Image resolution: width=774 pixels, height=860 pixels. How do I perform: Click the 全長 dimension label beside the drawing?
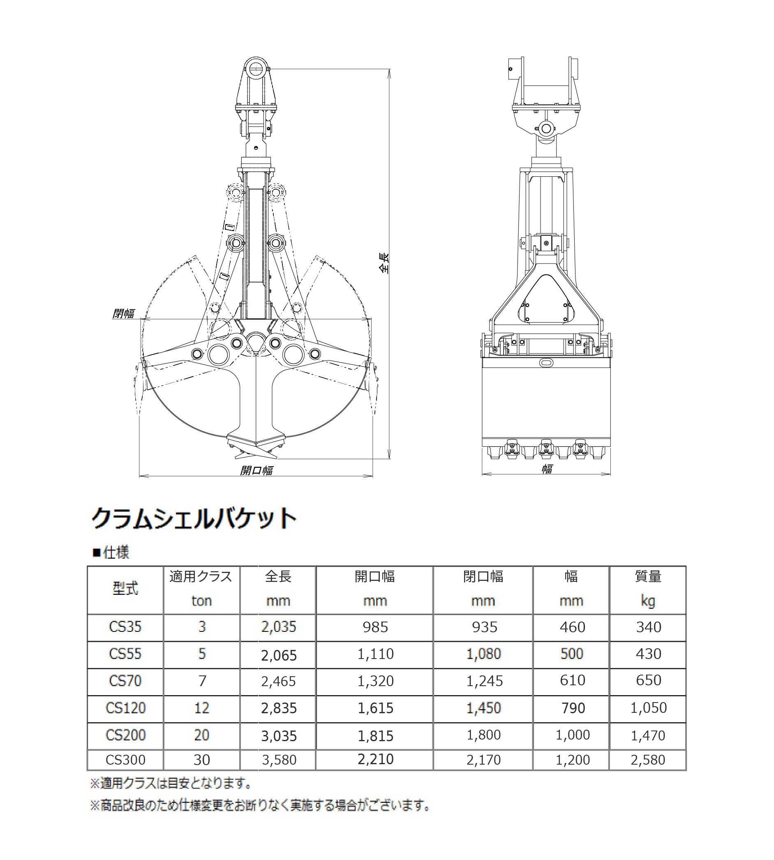click(x=384, y=262)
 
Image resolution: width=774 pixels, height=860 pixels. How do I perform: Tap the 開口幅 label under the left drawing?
click(x=256, y=470)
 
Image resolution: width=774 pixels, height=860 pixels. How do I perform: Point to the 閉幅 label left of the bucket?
click(x=123, y=314)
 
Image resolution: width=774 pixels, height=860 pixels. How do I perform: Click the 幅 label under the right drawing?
click(x=547, y=469)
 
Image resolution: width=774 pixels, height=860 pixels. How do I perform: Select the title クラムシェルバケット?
click(x=194, y=518)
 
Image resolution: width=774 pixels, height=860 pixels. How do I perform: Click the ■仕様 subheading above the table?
click(x=111, y=553)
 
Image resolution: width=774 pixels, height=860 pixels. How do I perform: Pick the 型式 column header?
click(x=125, y=589)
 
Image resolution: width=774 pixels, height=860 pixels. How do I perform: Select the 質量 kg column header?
click(x=648, y=589)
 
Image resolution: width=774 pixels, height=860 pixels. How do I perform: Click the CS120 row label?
click(x=125, y=708)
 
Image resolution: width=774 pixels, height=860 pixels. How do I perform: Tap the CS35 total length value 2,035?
click(x=279, y=627)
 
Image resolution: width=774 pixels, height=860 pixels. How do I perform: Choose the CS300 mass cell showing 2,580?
click(x=648, y=760)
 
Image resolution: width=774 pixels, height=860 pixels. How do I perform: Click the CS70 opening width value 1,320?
click(x=375, y=681)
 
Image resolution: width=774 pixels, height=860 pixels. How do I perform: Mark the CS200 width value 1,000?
click(x=573, y=735)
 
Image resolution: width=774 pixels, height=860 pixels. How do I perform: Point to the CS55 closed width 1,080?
click(x=483, y=654)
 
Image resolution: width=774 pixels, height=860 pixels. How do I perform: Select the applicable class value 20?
click(x=201, y=735)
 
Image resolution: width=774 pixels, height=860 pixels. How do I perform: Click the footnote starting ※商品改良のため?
click(x=260, y=805)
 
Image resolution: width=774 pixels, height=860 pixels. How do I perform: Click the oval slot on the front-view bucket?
click(x=546, y=362)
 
